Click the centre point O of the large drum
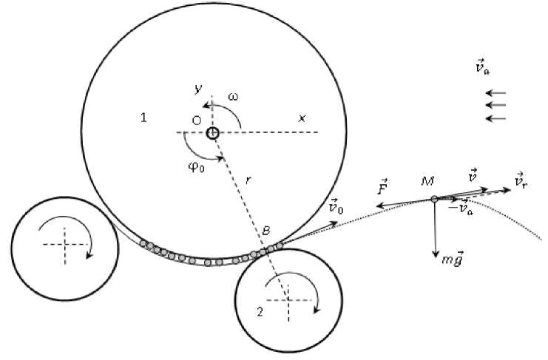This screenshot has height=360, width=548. point(212,133)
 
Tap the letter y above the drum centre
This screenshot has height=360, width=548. point(197,89)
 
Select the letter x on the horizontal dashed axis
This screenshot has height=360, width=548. point(302,118)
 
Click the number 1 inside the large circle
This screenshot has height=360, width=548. point(143,118)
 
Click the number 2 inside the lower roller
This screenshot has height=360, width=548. point(260,311)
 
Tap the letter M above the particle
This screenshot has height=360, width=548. point(427,180)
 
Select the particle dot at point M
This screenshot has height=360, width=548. point(434,198)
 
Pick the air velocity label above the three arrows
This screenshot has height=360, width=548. point(482,69)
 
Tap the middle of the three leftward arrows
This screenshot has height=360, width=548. point(495,106)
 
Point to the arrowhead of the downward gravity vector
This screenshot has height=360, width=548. point(435,254)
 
